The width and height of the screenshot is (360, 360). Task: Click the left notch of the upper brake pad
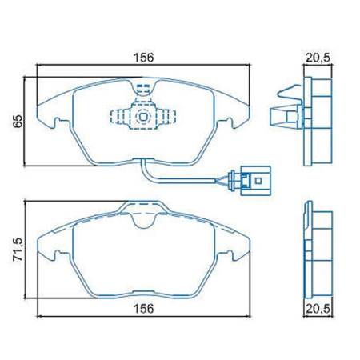(x=57, y=122)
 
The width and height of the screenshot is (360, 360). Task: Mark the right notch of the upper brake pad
(x=233, y=122)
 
